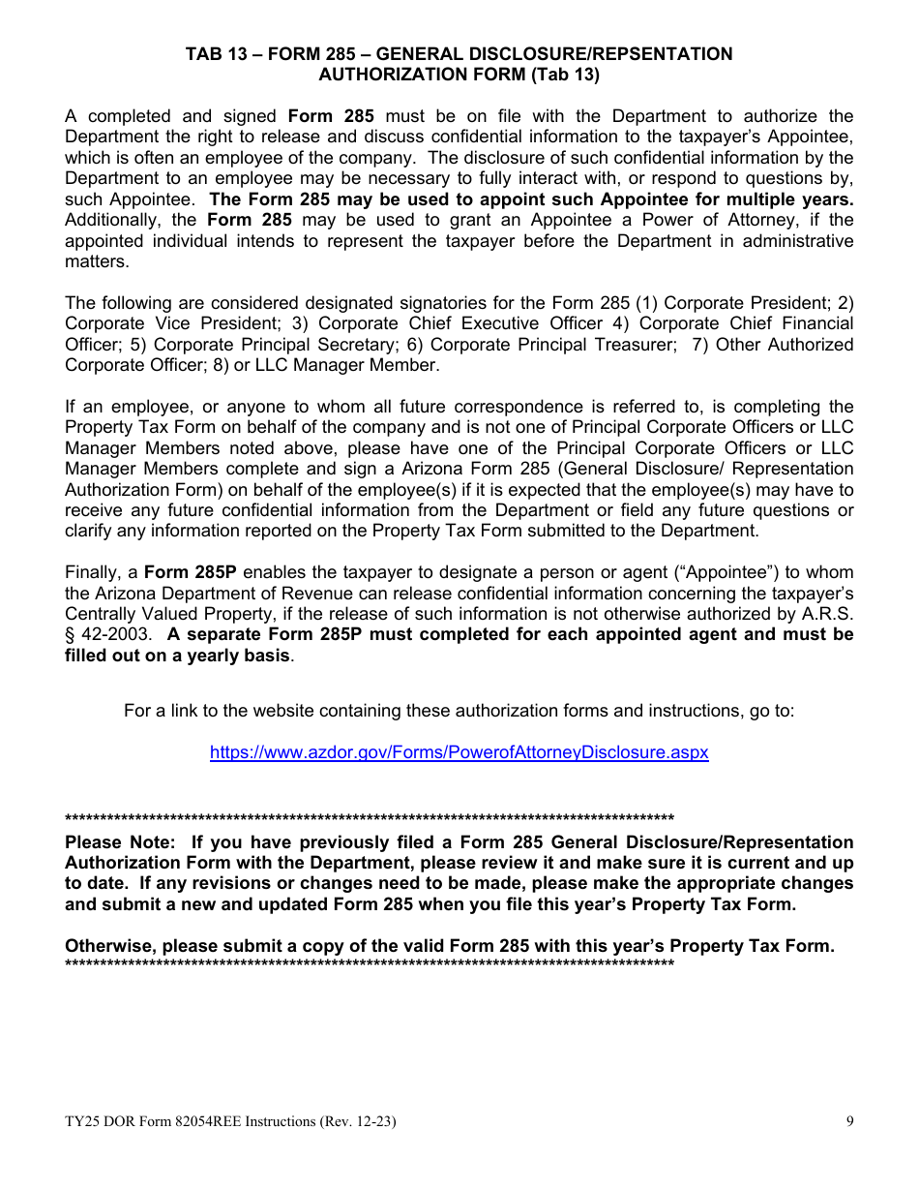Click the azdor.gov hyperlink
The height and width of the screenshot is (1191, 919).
click(x=459, y=752)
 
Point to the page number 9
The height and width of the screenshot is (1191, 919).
click(x=849, y=1122)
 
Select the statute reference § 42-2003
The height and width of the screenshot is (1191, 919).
click(x=106, y=634)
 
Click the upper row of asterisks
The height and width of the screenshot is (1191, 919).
click(x=369, y=819)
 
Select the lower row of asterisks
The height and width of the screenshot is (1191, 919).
click(x=369, y=964)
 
